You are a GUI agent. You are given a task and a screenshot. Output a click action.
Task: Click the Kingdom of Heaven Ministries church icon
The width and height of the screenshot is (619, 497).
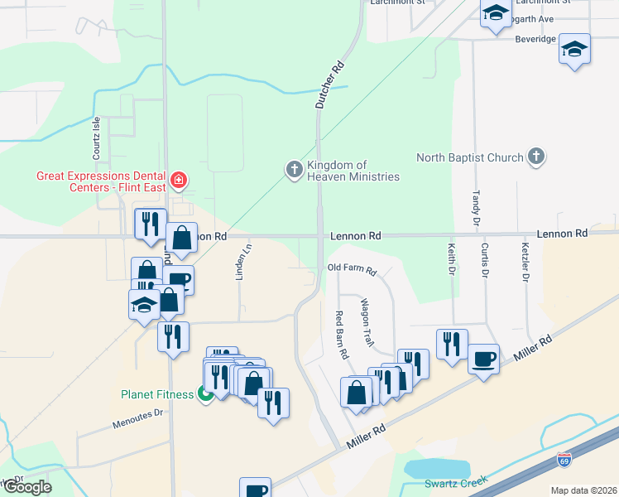pos(294,170)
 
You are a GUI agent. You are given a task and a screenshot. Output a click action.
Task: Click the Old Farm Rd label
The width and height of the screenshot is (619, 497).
pos(352,270)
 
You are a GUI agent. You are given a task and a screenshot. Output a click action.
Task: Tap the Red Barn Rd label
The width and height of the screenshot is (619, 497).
pos(340,334)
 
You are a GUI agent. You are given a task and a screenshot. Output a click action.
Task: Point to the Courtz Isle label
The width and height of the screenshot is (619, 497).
pos(96,138)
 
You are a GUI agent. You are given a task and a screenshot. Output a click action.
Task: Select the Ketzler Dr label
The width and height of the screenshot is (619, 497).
pos(525,262)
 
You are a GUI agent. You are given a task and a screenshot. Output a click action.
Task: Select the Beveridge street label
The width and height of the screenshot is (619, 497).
pos(535,39)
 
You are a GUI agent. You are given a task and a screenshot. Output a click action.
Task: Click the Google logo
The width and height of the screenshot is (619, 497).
pos(27,486)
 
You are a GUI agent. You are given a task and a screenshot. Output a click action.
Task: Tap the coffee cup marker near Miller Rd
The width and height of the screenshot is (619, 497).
pos(484,359)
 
